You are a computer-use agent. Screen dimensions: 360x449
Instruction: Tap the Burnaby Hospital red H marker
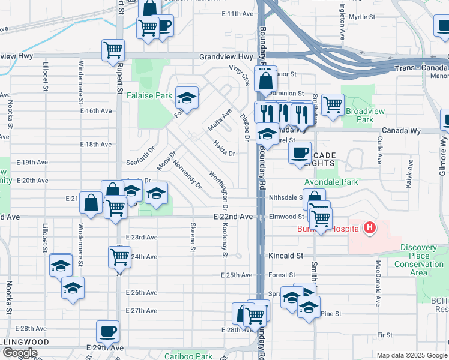(370, 228)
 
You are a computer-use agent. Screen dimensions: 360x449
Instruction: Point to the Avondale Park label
(331, 182)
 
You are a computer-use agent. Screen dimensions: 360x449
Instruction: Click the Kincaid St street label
(285, 256)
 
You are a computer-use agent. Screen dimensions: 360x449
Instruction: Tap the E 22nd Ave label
(231, 217)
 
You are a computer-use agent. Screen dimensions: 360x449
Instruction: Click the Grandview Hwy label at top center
(226, 57)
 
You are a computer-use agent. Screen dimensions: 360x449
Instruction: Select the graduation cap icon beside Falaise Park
(187, 97)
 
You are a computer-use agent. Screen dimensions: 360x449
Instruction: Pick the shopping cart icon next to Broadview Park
(333, 104)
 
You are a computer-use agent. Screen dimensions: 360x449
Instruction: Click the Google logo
(20, 353)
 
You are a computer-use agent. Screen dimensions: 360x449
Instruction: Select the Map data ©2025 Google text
(411, 355)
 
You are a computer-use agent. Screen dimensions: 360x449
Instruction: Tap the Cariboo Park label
(188, 356)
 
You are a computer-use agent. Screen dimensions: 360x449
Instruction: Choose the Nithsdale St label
(285, 197)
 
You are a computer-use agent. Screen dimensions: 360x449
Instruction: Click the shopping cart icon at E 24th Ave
(120, 257)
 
